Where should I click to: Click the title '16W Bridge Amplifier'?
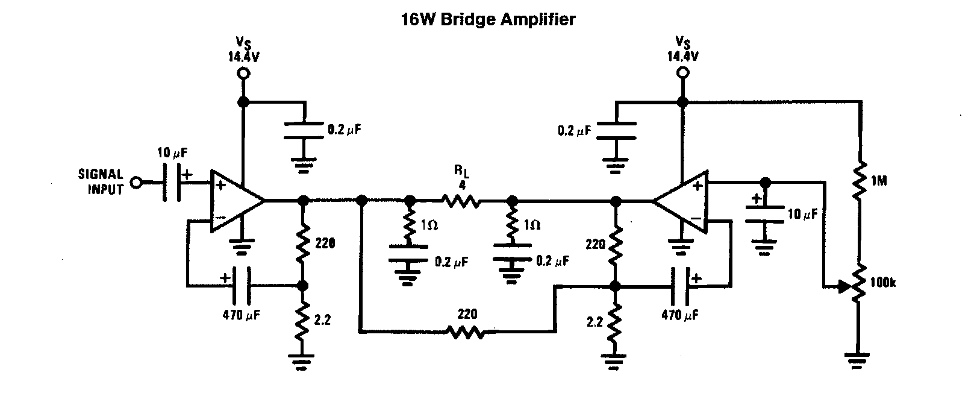tap(488, 20)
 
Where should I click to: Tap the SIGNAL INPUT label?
tap(101, 181)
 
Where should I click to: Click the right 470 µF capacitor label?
tap(680, 315)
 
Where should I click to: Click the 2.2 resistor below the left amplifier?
tap(303, 320)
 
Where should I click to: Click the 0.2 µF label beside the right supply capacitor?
tap(575, 130)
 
